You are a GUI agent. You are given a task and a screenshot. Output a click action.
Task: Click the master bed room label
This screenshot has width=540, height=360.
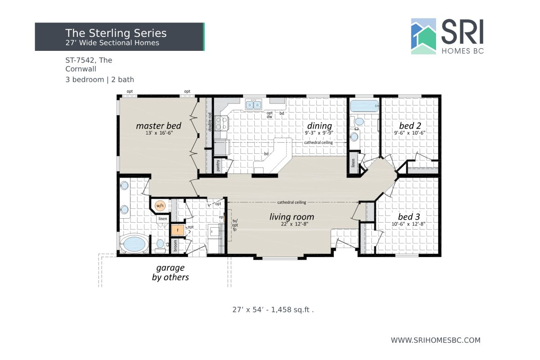tap(158, 126)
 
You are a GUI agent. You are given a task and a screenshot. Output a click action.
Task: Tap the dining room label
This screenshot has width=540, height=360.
tap(319, 126)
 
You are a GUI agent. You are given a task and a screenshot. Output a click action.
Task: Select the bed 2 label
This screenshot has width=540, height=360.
tap(409, 126)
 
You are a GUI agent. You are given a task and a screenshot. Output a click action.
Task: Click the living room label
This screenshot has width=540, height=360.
tap(292, 217)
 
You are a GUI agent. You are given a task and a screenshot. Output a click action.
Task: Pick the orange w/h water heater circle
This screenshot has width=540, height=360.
tap(160, 206)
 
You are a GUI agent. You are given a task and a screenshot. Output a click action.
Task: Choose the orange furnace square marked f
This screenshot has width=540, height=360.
tap(178, 230)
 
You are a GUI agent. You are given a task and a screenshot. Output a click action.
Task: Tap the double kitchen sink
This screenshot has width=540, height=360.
tap(253, 105)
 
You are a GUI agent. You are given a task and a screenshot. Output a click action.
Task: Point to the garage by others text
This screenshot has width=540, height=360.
tap(171, 273)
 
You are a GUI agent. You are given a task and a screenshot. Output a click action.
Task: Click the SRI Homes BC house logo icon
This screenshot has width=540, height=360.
tap(423, 36)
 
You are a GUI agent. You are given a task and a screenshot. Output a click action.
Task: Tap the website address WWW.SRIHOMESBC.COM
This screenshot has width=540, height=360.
tap(436, 340)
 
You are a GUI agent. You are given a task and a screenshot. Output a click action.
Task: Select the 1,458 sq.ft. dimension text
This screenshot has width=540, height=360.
tap(273, 310)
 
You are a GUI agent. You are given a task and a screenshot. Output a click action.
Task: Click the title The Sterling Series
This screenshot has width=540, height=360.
tap(116, 33)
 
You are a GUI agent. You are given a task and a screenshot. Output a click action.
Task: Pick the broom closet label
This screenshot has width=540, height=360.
tap(175, 246)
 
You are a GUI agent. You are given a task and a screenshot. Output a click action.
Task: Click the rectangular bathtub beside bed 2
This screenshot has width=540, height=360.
tap(364, 107)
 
